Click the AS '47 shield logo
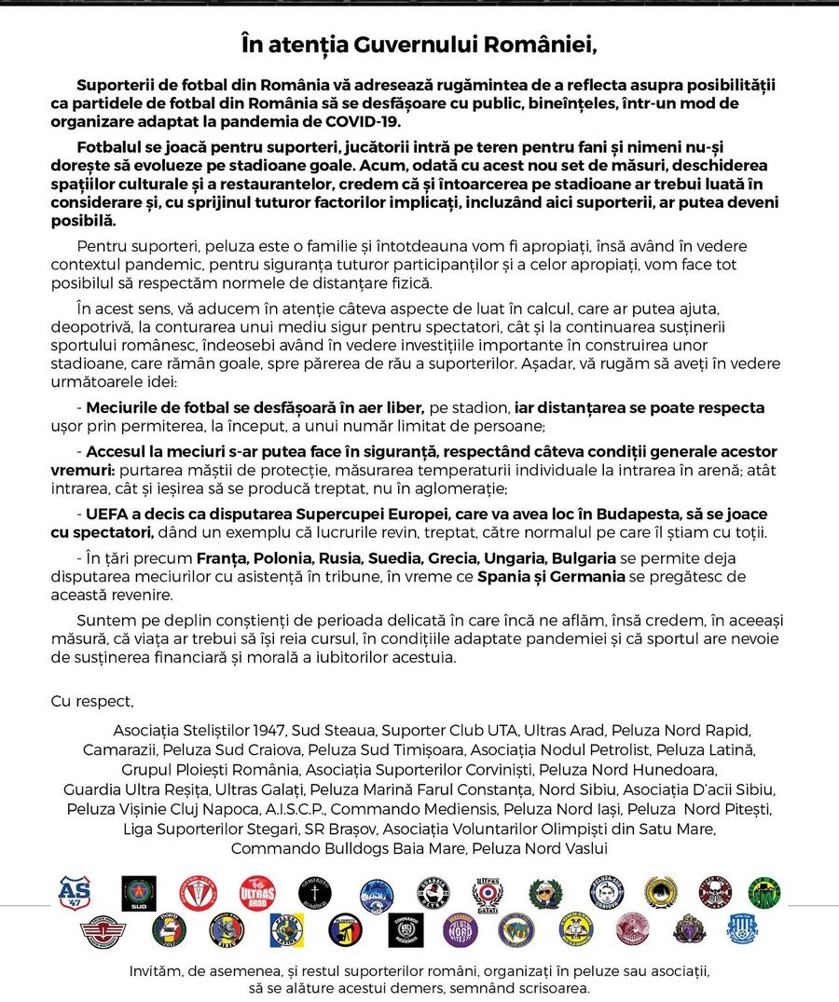(75, 892)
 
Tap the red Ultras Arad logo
(257, 893)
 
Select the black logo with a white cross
(315, 893)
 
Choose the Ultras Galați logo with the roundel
(488, 893)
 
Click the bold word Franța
(220, 558)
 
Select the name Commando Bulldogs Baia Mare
(349, 848)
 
